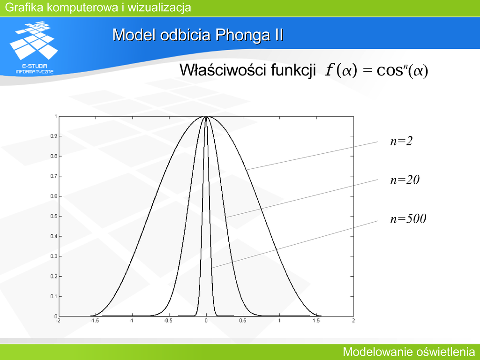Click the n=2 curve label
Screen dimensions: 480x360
point(401,141)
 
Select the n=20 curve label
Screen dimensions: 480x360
point(405,180)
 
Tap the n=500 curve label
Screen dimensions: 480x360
point(408,218)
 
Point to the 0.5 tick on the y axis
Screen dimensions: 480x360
point(53,217)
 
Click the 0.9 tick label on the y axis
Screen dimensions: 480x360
point(53,136)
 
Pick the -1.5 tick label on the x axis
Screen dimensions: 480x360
point(95,321)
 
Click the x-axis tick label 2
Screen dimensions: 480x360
point(353,321)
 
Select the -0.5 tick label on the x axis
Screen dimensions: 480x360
point(168,321)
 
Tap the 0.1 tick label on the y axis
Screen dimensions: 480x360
point(53,296)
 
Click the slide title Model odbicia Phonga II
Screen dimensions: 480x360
point(198,35)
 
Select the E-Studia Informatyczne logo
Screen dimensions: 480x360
point(34,47)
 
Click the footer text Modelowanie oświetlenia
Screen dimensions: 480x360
point(409,352)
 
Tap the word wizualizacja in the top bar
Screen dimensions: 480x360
point(159,7)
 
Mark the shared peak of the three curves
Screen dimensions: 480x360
point(206,117)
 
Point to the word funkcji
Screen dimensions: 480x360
point(293,70)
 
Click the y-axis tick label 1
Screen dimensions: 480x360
point(56,116)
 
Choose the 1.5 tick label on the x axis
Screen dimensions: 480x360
point(316,321)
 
